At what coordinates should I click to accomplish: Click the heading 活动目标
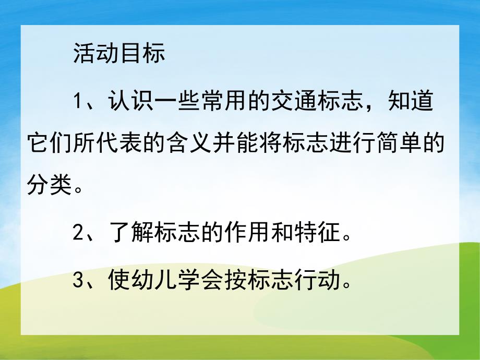119,54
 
